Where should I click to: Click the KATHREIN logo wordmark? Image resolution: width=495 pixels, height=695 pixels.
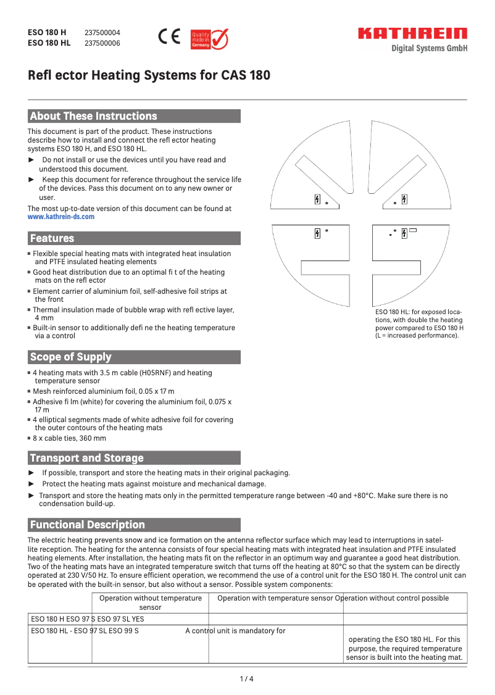point(413,34)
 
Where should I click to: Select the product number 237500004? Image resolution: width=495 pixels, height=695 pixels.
point(102,33)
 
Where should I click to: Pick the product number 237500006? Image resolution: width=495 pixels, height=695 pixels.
point(102,43)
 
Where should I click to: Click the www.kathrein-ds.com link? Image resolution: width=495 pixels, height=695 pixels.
point(61,217)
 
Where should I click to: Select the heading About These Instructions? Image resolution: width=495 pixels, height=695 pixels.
point(94,116)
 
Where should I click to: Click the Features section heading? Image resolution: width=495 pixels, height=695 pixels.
point(52,238)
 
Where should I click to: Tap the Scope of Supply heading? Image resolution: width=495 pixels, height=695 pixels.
point(71,357)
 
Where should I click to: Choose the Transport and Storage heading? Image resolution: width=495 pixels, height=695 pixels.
point(86,458)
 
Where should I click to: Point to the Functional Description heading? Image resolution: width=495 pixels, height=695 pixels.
point(88,525)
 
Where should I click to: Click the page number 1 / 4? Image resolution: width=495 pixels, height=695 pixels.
point(247,679)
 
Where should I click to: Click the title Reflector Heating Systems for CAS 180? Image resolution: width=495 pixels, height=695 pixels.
point(149,76)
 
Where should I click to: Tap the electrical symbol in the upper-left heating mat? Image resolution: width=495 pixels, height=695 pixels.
point(317,200)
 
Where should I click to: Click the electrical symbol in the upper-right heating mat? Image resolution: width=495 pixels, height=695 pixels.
point(404,199)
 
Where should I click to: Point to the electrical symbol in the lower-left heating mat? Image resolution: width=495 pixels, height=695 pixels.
point(317,233)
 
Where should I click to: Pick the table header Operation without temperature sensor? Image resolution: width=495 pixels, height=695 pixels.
point(151,602)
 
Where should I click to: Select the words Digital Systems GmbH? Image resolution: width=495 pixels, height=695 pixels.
point(430,49)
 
